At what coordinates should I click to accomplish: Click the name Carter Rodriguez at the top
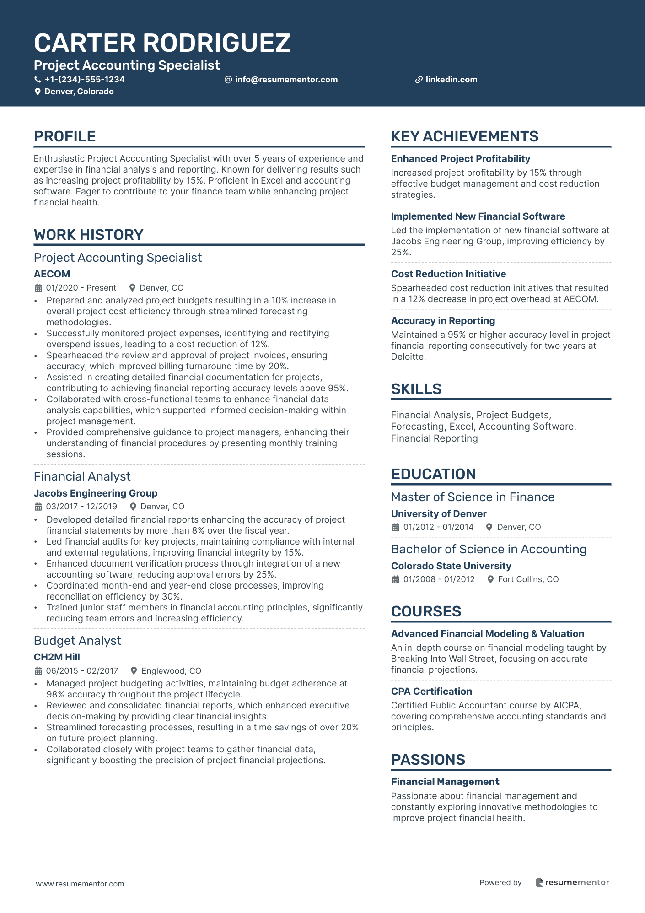coord(162,43)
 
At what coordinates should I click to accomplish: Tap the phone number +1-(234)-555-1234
coord(85,80)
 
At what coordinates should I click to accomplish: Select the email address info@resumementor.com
coord(286,80)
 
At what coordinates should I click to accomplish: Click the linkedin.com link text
coord(451,80)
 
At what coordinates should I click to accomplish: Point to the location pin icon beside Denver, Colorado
coord(38,92)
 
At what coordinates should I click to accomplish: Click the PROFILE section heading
coord(64,136)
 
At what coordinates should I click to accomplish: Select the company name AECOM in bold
coord(52,274)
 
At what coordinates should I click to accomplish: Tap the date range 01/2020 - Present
coord(81,288)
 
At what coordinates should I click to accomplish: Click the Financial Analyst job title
coord(82,476)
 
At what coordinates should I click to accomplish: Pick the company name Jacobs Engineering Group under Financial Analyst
coord(95,493)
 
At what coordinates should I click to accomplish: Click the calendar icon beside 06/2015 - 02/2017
coord(38,671)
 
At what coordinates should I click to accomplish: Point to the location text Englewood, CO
coord(171,671)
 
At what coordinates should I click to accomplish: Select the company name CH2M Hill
coord(57,657)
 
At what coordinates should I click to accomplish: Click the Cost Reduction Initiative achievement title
coord(448,274)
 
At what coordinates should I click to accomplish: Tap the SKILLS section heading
coord(416,389)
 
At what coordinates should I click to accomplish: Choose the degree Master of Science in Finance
coord(473,497)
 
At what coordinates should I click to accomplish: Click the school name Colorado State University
coord(451,566)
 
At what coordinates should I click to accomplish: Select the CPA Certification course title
coord(431,692)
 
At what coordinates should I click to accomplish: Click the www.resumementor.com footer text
coord(80,884)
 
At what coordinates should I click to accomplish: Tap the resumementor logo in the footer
coord(572,882)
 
